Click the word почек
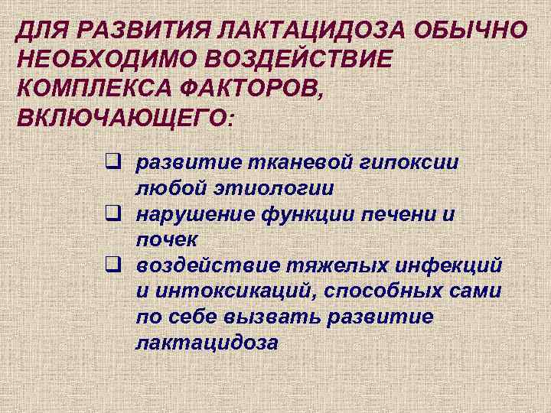coord(166,239)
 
